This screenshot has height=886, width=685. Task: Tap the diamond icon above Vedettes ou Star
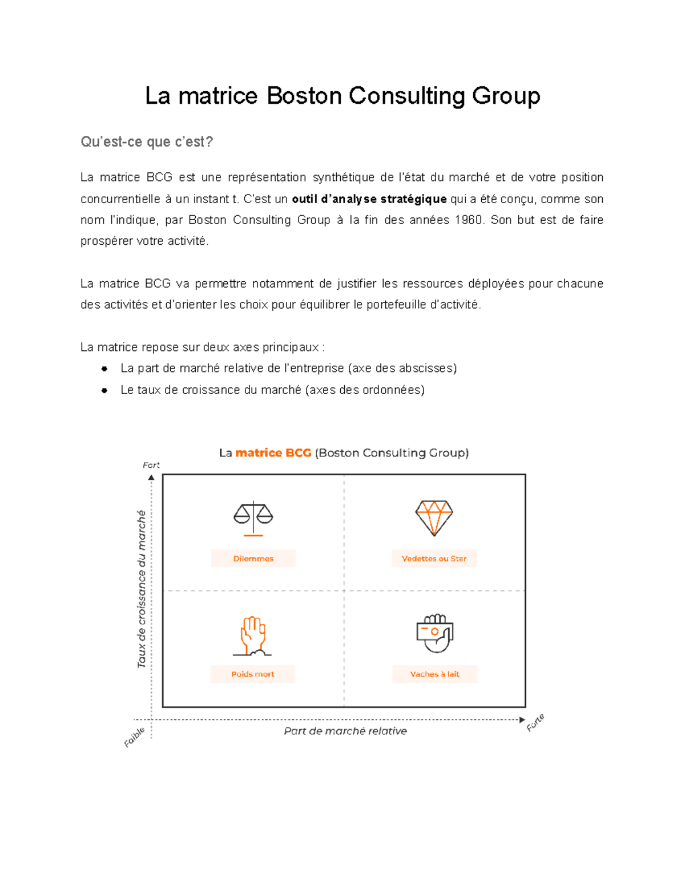coord(434,517)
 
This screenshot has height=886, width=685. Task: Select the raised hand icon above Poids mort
coord(252,636)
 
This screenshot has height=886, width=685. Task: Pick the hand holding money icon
coord(434,633)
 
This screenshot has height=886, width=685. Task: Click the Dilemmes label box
coord(253,559)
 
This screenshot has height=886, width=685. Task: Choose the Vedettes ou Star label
coord(434,559)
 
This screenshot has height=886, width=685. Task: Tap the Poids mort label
coord(252,674)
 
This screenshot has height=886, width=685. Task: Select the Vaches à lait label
coord(434,674)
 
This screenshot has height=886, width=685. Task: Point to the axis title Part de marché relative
coord(345,731)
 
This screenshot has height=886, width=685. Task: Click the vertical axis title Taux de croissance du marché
coord(142,589)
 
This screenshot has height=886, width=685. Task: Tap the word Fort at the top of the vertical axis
coord(151,465)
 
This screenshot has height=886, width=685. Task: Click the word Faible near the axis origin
coord(135,737)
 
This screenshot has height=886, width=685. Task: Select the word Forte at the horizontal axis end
coord(535,722)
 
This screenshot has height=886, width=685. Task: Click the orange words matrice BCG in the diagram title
coord(273,453)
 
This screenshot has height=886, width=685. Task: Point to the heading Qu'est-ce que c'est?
coord(147,141)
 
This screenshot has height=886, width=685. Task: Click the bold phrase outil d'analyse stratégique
coord(369,199)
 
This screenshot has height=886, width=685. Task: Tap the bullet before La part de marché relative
coord(104,369)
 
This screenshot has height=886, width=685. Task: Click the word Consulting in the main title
coord(407,95)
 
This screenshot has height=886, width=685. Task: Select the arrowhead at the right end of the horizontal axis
coord(522,720)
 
